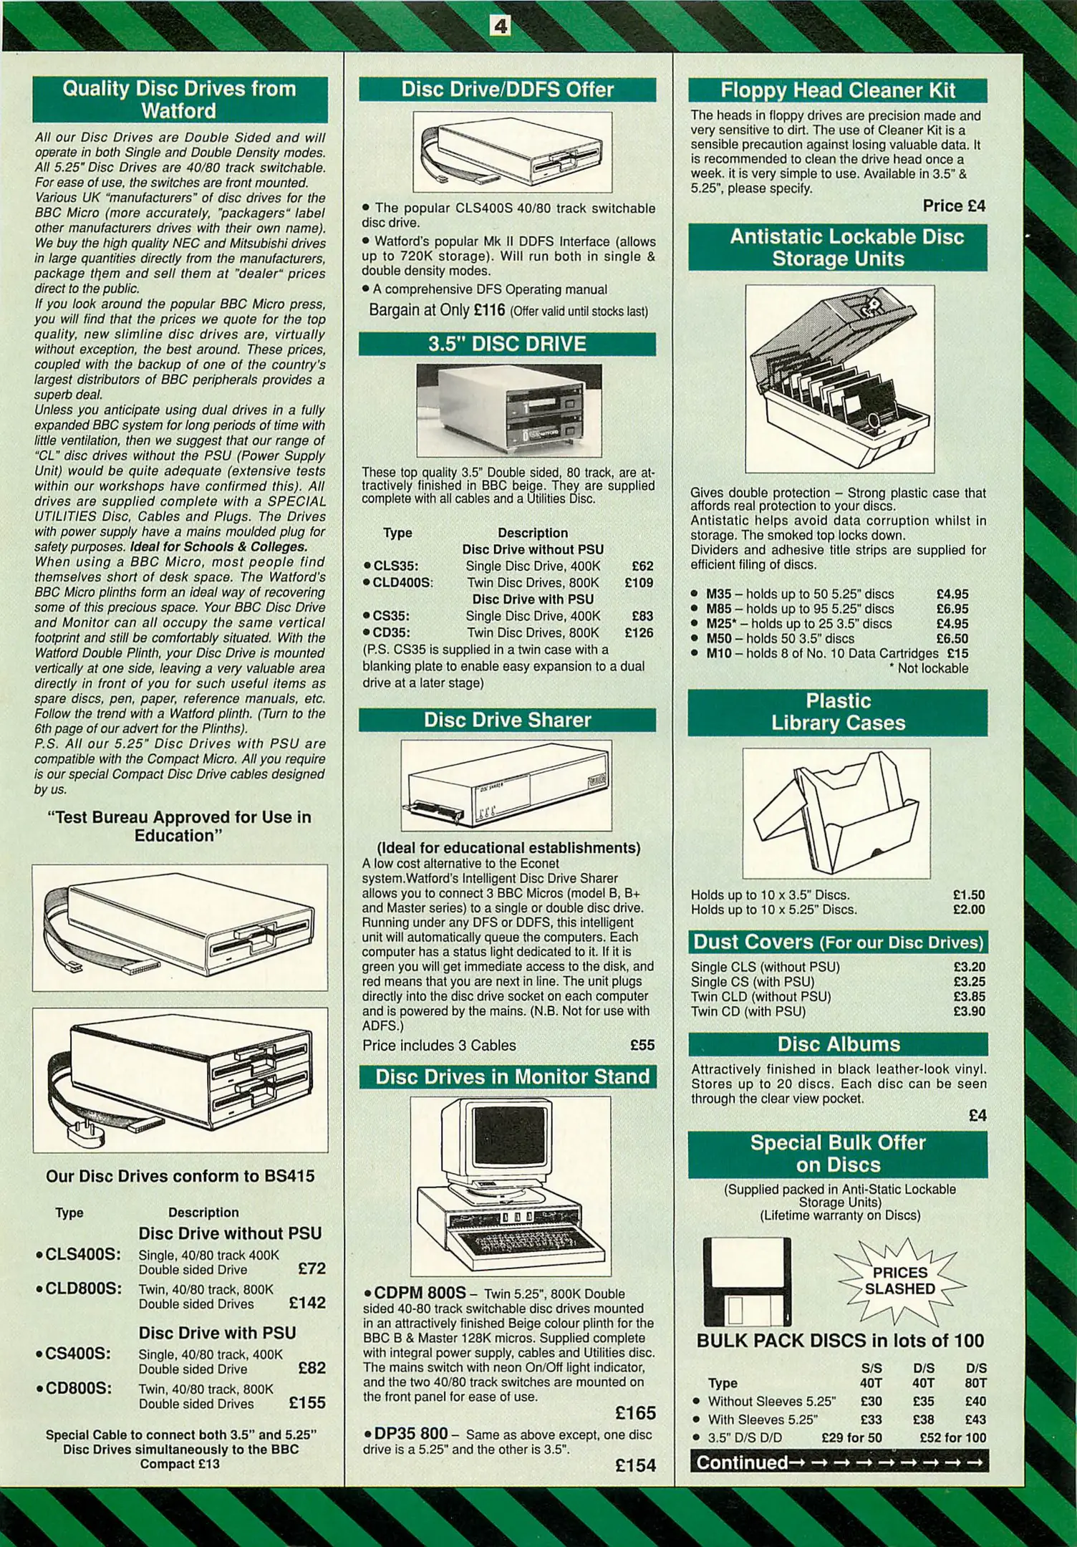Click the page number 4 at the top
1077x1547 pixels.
[500, 26]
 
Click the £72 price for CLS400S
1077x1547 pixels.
[311, 1268]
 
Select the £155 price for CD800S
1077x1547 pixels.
[307, 1402]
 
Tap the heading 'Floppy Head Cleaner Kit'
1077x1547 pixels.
[838, 90]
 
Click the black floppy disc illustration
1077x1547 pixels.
[747, 1281]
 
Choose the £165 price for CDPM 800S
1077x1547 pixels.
[635, 1412]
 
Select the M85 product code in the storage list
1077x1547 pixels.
[718, 609]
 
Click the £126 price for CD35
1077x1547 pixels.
[639, 632]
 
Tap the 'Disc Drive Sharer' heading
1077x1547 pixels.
[507, 720]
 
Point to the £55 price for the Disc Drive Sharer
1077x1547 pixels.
[642, 1045]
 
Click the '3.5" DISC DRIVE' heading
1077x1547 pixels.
[507, 344]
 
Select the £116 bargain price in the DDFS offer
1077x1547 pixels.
[489, 310]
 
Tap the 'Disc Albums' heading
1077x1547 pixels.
[839, 1044]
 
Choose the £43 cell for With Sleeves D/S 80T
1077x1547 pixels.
[975, 1419]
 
